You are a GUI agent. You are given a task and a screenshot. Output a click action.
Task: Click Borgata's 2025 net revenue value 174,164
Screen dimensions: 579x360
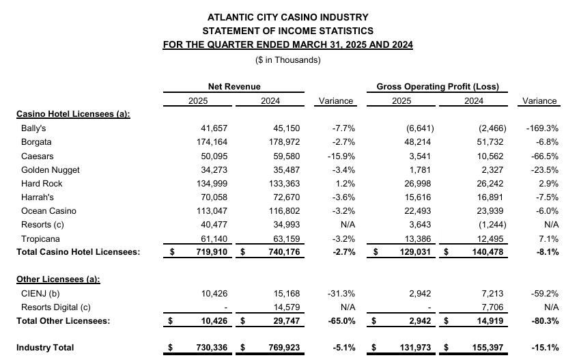[212, 142]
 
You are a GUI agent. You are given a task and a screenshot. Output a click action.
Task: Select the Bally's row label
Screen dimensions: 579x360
[33, 128]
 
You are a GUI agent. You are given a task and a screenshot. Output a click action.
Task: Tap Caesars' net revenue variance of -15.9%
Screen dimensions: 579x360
[341, 156]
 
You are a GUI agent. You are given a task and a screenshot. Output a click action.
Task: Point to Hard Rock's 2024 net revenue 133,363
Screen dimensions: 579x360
[284, 184]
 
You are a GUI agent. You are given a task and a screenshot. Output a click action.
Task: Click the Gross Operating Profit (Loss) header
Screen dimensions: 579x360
[438, 87]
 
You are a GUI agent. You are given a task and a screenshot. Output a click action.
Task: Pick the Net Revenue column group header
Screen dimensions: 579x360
[234, 87]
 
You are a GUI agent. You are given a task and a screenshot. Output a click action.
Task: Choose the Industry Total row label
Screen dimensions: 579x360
[45, 348]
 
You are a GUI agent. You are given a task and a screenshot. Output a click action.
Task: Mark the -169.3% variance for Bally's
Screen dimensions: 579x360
[542, 128]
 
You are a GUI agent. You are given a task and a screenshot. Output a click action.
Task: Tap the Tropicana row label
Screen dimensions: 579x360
[40, 239]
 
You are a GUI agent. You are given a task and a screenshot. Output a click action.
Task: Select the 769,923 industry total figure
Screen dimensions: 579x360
[284, 348]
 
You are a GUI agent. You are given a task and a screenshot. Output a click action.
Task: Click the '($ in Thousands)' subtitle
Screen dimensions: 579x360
[287, 60]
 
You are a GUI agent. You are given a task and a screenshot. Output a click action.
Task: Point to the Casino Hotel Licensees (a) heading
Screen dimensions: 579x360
[73, 114]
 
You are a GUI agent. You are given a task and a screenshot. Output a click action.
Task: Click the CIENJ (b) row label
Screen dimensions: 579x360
[40, 294]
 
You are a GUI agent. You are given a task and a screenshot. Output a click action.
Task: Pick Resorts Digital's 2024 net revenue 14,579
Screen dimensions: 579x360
[287, 307]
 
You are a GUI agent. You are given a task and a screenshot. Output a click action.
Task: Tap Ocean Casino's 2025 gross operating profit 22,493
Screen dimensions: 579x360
[418, 211]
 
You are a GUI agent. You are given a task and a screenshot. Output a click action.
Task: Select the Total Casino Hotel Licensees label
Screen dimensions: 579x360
[79, 252]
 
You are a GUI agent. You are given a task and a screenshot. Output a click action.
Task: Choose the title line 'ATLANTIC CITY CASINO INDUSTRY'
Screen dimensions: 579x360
[287, 17]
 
